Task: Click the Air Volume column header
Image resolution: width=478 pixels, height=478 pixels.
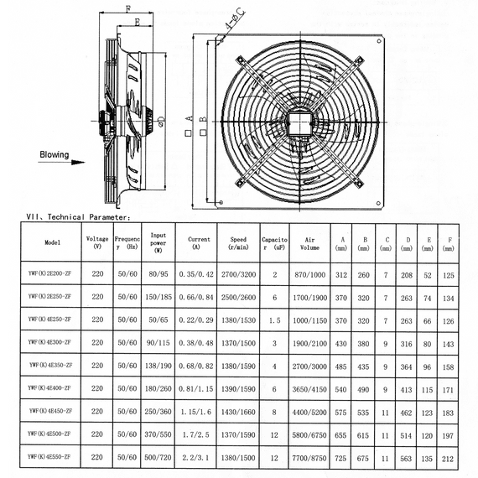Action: pos(309,243)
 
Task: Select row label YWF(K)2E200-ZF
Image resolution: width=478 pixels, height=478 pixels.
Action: pos(49,273)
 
